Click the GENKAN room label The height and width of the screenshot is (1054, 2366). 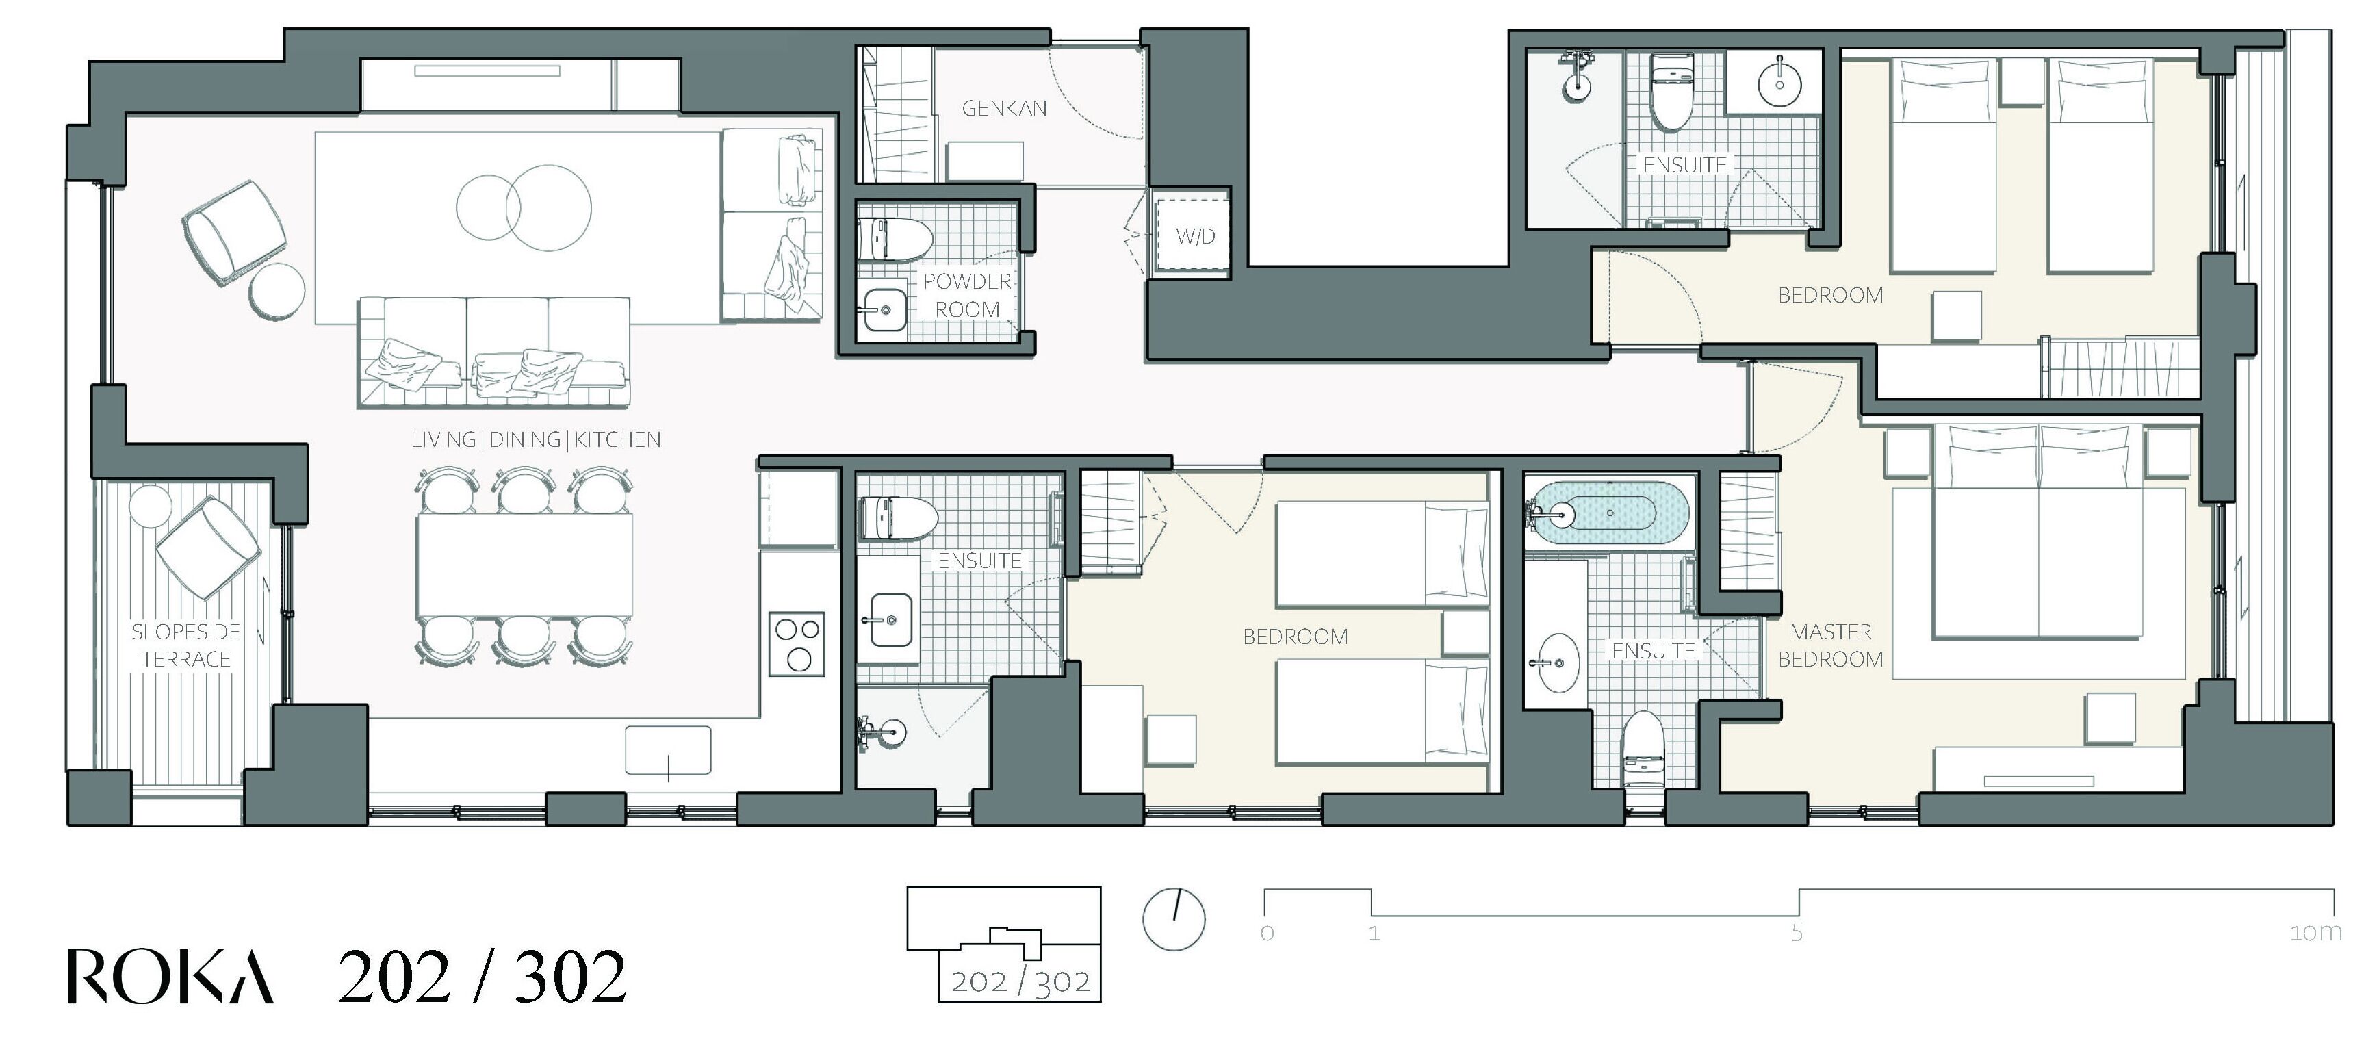1004,108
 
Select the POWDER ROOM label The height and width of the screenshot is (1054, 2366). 967,296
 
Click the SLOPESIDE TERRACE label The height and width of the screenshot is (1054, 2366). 185,645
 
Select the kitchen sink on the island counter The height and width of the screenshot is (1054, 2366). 669,750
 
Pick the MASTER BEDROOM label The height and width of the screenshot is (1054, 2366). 1831,645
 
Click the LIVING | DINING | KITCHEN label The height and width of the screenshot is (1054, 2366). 535,440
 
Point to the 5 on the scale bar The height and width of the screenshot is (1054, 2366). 1797,933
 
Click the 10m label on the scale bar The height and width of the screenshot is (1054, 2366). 2315,933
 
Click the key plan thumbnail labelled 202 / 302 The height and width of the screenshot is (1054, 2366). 1004,944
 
